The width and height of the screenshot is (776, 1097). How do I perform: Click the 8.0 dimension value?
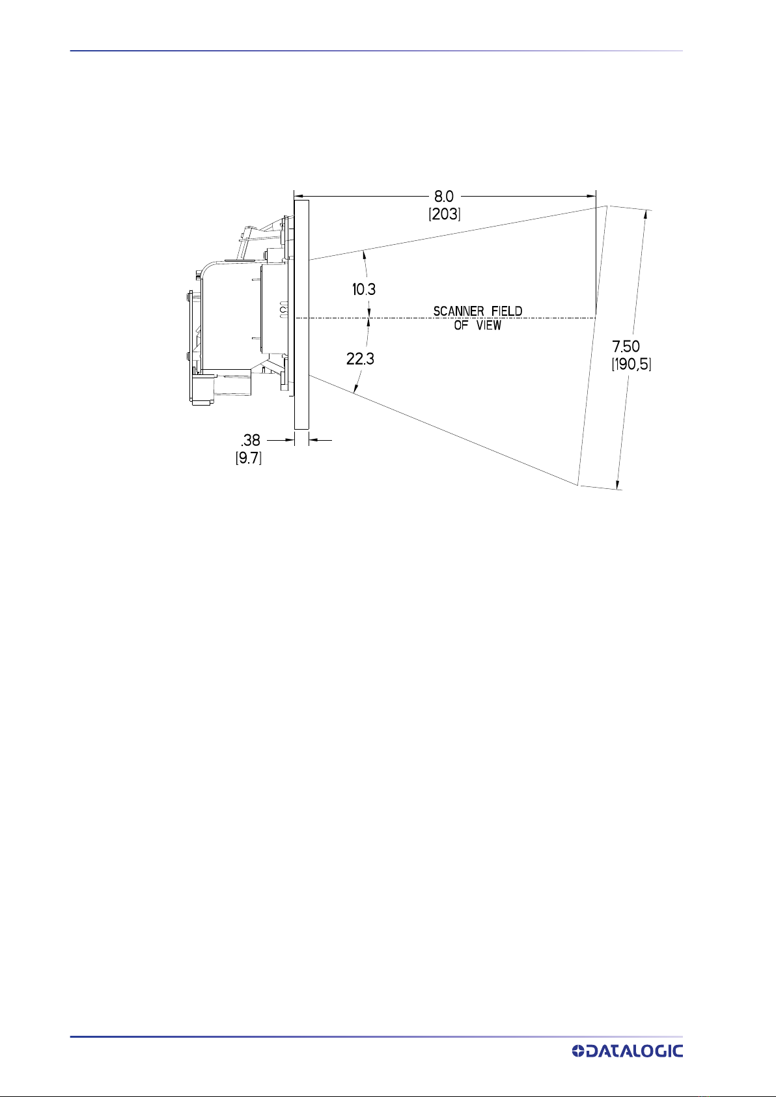(443, 197)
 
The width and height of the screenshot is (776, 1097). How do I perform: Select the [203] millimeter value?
(445, 214)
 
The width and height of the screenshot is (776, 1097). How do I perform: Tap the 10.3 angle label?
(364, 290)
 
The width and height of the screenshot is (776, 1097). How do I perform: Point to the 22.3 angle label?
(360, 359)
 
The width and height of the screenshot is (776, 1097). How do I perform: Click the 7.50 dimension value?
(626, 347)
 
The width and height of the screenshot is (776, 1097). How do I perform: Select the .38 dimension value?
(250, 440)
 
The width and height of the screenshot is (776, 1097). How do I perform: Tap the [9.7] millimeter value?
(249, 458)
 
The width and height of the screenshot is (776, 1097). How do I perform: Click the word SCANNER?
(459, 311)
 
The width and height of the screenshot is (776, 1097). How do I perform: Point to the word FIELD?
(506, 311)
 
